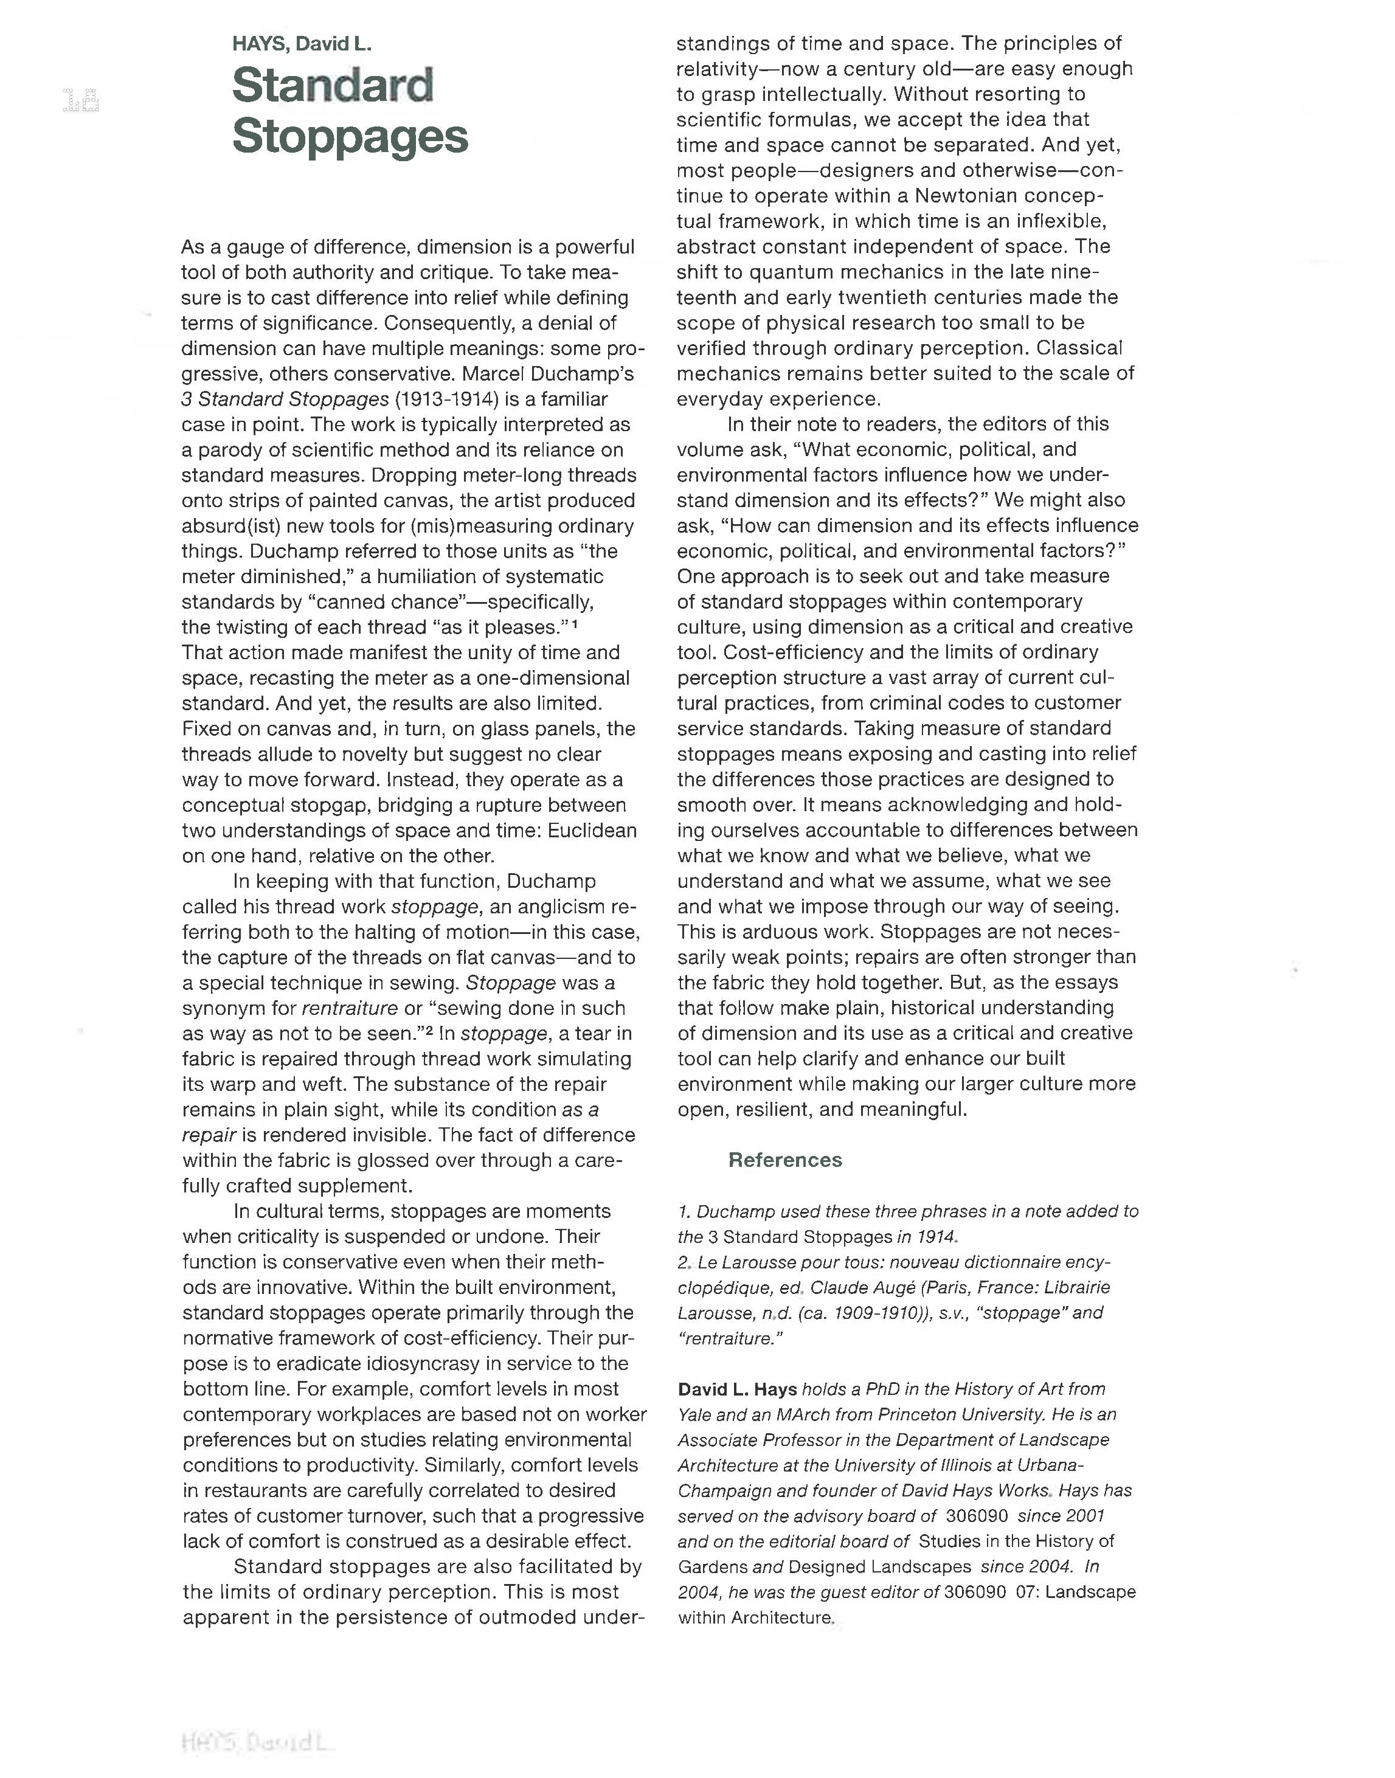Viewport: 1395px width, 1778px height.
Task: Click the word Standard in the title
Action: point(333,85)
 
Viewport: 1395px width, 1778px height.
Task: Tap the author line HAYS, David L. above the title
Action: point(302,44)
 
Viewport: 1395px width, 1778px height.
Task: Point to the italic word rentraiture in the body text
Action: point(349,1009)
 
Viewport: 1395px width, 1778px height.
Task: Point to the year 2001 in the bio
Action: point(1083,1516)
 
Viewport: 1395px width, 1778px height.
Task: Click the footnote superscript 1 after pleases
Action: point(575,624)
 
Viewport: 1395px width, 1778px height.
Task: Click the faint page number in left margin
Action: point(80,100)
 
